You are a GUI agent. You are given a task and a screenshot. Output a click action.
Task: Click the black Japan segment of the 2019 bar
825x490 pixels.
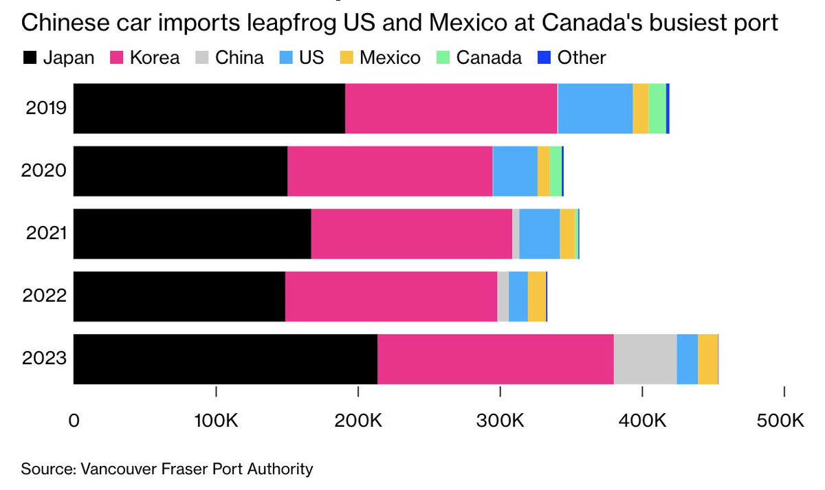(x=209, y=109)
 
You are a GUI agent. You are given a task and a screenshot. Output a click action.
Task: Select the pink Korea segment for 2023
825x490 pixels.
(x=495, y=359)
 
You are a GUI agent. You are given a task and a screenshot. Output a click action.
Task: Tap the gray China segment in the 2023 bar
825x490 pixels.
(x=645, y=359)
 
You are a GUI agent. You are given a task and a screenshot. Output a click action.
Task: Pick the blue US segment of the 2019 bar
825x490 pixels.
(x=595, y=109)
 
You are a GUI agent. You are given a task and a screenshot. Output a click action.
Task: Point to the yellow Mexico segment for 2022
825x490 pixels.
(x=536, y=296)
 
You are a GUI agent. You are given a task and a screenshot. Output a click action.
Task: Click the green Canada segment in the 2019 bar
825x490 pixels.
(x=657, y=109)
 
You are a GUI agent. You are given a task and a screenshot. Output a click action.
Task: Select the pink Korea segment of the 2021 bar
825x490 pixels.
(x=411, y=234)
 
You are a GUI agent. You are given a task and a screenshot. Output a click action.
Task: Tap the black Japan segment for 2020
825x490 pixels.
(x=180, y=171)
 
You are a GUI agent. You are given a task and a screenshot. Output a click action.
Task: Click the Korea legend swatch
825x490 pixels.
(x=117, y=57)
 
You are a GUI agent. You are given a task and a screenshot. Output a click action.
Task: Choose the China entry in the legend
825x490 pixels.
(x=239, y=57)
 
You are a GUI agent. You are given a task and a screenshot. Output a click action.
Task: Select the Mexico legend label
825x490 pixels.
(x=389, y=57)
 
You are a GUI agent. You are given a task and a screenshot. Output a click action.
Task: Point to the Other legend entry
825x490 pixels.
(x=581, y=57)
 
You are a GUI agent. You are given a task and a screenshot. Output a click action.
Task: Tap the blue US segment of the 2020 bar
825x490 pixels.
(x=515, y=171)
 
